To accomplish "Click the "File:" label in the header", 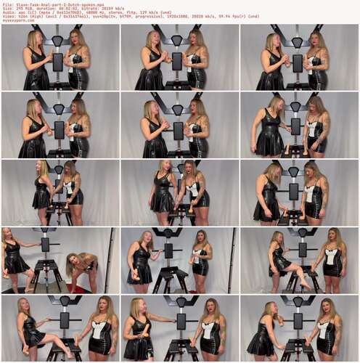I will [6, 4].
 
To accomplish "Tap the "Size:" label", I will [6, 8].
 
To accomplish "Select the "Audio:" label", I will [7, 12].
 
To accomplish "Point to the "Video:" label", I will [7, 17].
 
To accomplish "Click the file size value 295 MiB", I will [20, 8].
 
